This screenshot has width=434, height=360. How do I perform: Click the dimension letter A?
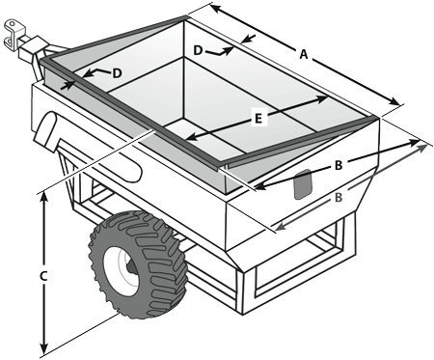[304, 54]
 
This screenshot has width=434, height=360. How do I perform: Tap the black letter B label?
[339, 165]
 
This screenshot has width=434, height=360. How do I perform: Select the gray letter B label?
[339, 197]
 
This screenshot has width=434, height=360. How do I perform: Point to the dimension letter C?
[43, 276]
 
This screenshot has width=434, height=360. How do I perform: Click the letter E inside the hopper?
[258, 119]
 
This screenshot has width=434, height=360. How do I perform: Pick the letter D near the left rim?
[118, 73]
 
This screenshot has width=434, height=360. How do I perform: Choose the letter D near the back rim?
[198, 50]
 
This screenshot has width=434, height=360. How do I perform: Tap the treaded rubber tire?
[138, 264]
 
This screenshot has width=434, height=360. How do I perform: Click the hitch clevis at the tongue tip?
[14, 34]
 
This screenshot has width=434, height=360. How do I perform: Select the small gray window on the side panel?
[303, 184]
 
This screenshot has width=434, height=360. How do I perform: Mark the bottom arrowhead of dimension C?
[44, 349]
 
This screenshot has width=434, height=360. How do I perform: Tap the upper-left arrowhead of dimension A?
[216, 9]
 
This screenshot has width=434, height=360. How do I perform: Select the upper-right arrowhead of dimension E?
[322, 98]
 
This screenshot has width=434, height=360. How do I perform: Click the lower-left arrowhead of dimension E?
[191, 138]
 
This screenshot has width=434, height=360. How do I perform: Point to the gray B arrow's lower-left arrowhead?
[281, 227]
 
